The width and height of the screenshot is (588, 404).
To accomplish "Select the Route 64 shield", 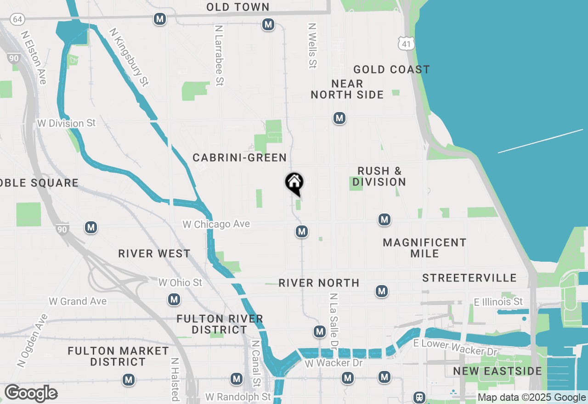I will (17, 19).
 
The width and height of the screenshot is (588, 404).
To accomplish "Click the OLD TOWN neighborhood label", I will (237, 7).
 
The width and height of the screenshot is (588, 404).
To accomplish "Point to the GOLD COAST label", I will (391, 69).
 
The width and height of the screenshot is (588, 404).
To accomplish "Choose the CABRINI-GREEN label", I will (239, 157).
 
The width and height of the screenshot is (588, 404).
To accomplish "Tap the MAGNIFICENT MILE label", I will (424, 248).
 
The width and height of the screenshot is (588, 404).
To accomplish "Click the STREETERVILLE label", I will (469, 278).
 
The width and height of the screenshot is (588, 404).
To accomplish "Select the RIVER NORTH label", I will (319, 283).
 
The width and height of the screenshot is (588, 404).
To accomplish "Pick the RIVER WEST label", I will (154, 253).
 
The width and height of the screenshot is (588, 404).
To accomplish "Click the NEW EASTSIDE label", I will (497, 371).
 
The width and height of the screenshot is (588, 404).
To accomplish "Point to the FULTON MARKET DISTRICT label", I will (118, 356).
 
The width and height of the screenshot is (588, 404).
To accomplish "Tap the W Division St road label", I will (67, 123).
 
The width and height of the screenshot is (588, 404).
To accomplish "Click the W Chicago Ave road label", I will (216, 224).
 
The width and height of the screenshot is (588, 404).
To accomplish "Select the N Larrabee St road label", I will (219, 55).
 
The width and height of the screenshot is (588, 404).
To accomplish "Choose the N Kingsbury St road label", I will (129, 57).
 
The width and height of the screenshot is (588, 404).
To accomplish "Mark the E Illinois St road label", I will (498, 302).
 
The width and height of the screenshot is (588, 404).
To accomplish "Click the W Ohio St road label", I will (180, 282).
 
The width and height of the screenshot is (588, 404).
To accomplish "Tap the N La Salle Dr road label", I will (334, 321).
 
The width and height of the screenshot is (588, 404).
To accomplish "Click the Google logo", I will (31, 393).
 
